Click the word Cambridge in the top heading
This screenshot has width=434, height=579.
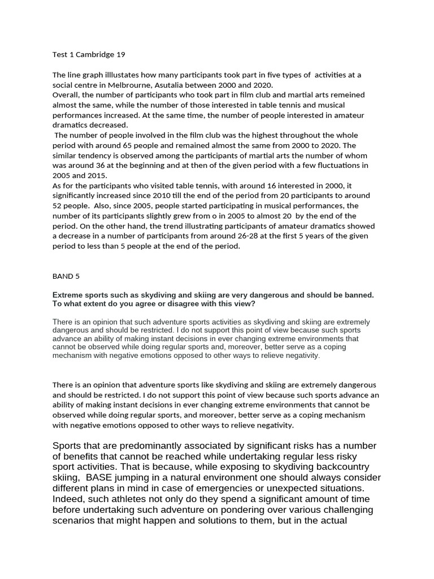click(x=96, y=55)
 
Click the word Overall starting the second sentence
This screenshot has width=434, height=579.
click(x=66, y=95)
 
